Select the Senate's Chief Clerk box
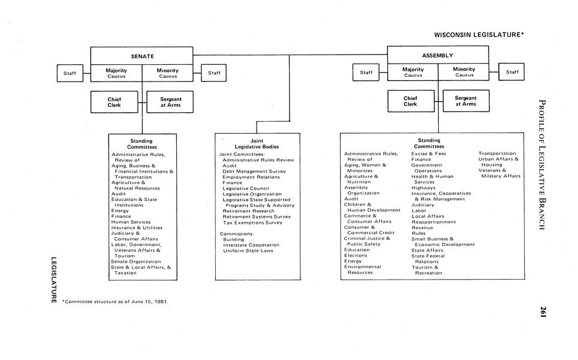pos(115,102)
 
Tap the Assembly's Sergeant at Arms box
pos(465,101)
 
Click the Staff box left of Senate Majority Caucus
pos(70,73)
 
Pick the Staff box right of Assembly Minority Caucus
pos(512,72)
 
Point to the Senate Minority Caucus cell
pos(168,73)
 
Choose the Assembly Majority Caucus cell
pos(413,72)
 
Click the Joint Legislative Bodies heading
pos(257,144)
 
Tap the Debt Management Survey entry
pos(254,172)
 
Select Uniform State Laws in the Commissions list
pos(248,250)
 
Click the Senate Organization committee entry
pos(136,262)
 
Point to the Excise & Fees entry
pos(428,154)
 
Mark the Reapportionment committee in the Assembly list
pos(433,222)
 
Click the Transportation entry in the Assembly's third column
pos(497,154)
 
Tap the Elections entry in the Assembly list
pos(356,256)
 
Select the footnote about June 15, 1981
pos(115,301)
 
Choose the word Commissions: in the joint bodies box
pos(237,233)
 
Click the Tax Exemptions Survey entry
pos(252,222)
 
